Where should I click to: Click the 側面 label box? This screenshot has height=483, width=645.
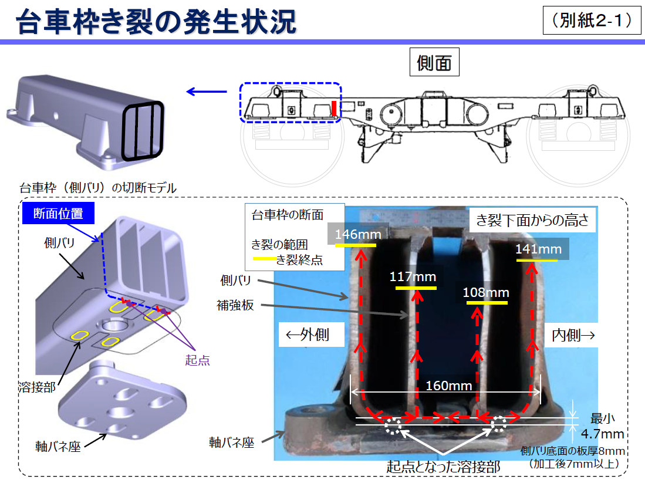click(x=434, y=62)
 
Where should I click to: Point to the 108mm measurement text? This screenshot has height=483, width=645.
click(x=486, y=292)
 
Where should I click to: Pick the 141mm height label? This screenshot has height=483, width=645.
click(x=538, y=249)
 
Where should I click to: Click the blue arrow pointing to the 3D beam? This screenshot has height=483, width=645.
click(x=206, y=92)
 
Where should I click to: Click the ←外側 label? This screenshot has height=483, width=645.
click(x=306, y=335)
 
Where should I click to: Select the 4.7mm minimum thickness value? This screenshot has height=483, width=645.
click(x=602, y=434)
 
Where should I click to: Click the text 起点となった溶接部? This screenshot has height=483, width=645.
click(x=443, y=467)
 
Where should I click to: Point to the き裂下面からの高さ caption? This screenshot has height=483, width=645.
click(x=532, y=221)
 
